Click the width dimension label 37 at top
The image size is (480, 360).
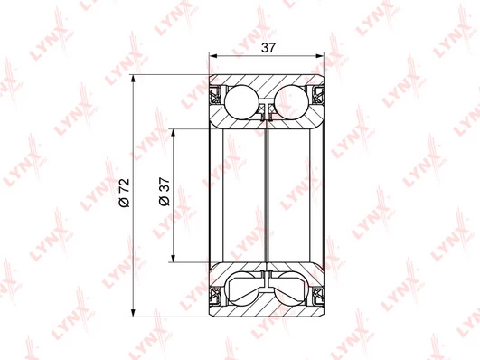(268, 48)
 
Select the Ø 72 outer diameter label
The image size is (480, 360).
(125, 193)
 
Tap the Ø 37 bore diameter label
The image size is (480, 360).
(165, 191)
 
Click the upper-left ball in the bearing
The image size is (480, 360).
(242, 101)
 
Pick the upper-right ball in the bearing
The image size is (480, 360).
(291, 101)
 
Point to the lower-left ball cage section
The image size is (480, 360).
(243, 289)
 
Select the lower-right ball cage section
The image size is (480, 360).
(290, 289)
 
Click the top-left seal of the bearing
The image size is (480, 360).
(216, 95)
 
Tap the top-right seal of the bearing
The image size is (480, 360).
(317, 95)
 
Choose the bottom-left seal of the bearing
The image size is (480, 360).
(216, 296)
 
